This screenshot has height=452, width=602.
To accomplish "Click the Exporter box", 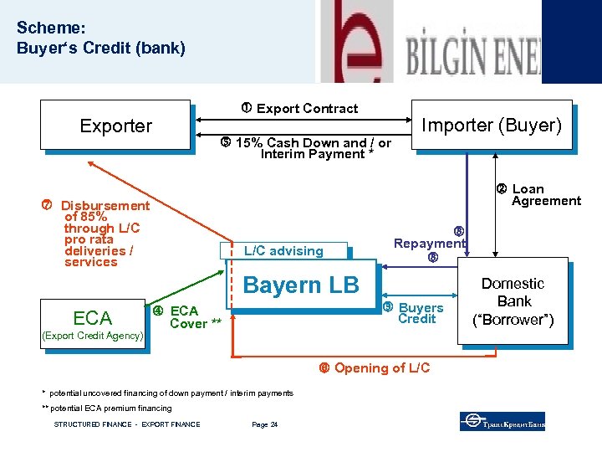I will click(116, 126).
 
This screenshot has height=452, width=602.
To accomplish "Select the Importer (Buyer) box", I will click(491, 126).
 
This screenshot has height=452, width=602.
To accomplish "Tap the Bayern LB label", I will click(301, 285).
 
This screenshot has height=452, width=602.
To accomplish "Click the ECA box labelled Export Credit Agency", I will click(92, 319).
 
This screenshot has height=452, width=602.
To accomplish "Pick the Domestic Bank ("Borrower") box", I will click(513, 301).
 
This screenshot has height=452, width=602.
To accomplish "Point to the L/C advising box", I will click(283, 250).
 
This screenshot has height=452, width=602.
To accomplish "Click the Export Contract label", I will click(306, 108).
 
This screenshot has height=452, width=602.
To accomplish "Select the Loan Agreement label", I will click(545, 194).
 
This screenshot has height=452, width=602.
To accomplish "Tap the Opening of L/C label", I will click(381, 368).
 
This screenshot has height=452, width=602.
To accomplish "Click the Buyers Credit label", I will click(420, 313).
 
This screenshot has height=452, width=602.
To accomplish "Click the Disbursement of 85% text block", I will click(103, 234).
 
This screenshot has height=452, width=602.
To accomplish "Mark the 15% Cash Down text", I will click(313, 147).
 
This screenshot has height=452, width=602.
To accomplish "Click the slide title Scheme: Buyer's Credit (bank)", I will click(100, 38).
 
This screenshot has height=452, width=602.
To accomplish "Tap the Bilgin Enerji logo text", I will click(472, 55).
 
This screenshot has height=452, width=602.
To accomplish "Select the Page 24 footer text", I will click(264, 424).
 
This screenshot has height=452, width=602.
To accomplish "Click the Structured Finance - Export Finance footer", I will click(127, 424).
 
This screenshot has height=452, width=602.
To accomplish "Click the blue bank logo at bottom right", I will click(502, 421).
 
